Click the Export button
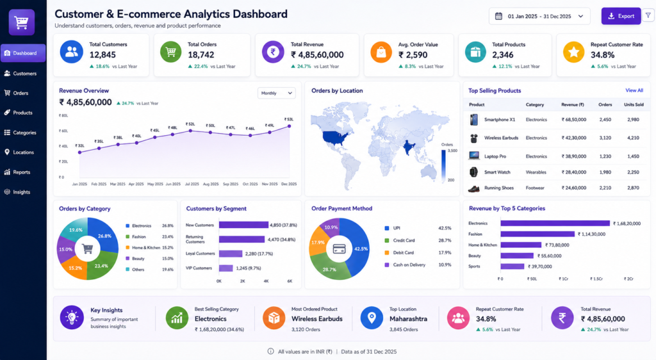pos(621,16)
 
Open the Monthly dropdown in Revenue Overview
pos(277,94)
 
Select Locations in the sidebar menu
pos(23,152)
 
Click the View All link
pos(634,90)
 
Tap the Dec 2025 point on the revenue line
pos(289,126)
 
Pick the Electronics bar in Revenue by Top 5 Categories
pos(555,224)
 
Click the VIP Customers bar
pos(226,268)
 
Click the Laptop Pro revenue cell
pos(573,156)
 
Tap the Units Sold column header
pos(634,104)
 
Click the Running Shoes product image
pos(473,188)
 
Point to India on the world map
pos(408,147)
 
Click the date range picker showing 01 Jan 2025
pos(539,16)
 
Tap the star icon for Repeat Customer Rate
pos(573,53)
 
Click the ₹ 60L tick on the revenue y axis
pos(63,131)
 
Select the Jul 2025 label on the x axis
pos(192,184)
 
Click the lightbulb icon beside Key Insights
pos(72,317)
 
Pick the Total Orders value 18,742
pos(201,55)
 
